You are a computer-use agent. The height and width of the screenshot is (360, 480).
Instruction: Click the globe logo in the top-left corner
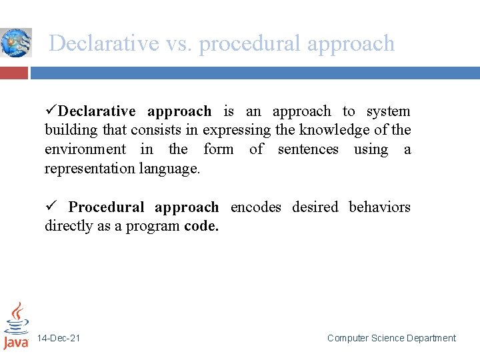[x=15, y=43]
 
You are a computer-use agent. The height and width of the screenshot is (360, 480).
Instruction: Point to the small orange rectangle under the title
[x=14, y=73]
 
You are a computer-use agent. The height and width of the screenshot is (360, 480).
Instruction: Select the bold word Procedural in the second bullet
[x=106, y=207]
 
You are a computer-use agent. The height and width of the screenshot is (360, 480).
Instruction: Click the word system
[x=389, y=112]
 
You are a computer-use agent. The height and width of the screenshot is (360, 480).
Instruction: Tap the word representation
[x=90, y=169]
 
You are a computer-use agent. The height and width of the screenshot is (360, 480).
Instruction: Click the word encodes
[x=255, y=207]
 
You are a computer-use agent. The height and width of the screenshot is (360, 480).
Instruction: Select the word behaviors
[x=379, y=207]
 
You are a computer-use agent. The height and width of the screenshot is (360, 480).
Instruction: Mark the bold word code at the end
[x=201, y=226]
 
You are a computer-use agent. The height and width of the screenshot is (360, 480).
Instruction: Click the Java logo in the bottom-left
[x=16, y=326]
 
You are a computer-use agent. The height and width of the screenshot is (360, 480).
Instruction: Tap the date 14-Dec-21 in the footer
[x=59, y=339]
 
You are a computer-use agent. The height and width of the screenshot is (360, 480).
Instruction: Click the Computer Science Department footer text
[x=391, y=339]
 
